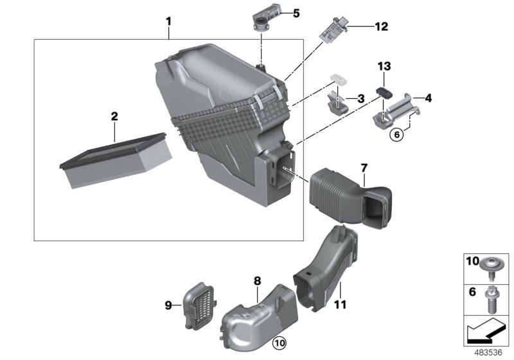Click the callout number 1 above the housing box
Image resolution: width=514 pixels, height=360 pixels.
(168, 21)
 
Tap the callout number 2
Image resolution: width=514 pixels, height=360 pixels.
(114, 117)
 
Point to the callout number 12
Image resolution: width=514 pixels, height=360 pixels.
(382, 26)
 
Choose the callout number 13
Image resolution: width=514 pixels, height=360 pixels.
(384, 66)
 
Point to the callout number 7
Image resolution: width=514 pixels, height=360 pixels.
(364, 168)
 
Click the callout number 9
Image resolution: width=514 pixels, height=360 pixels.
(168, 305)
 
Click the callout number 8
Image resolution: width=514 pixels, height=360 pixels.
(257, 281)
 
